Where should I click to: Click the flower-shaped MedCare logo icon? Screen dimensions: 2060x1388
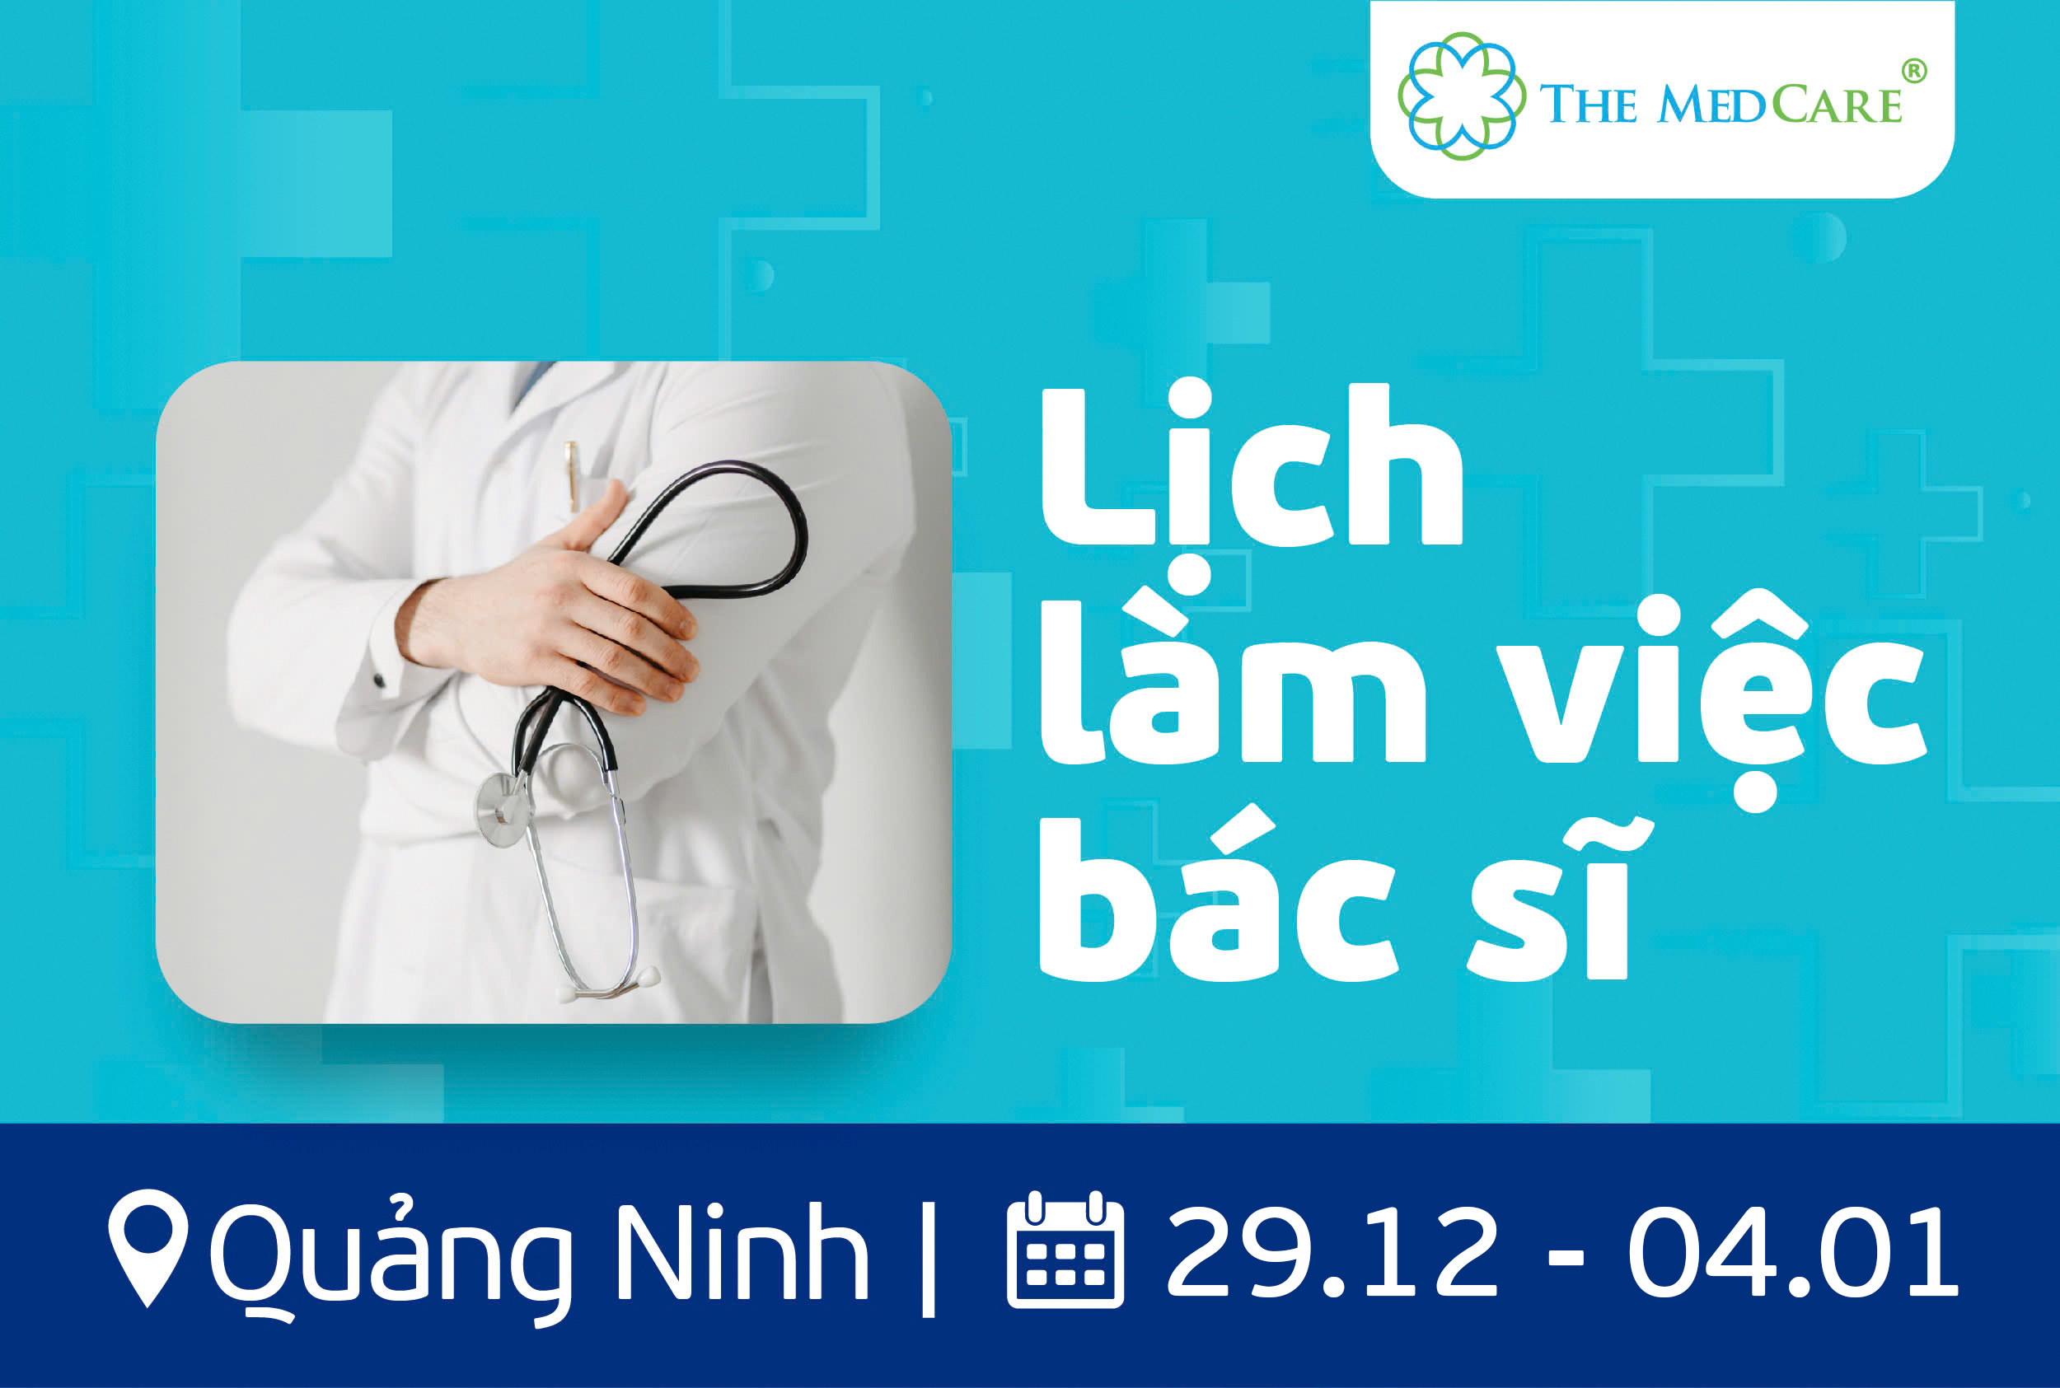1462,96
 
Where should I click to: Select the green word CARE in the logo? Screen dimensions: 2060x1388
1837,104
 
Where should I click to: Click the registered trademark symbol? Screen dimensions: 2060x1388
1914,72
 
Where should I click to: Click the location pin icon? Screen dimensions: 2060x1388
147,1247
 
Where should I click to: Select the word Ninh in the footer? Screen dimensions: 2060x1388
742,1250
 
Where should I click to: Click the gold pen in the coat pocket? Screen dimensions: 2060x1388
572,476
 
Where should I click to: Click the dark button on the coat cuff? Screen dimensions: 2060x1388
379,680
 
